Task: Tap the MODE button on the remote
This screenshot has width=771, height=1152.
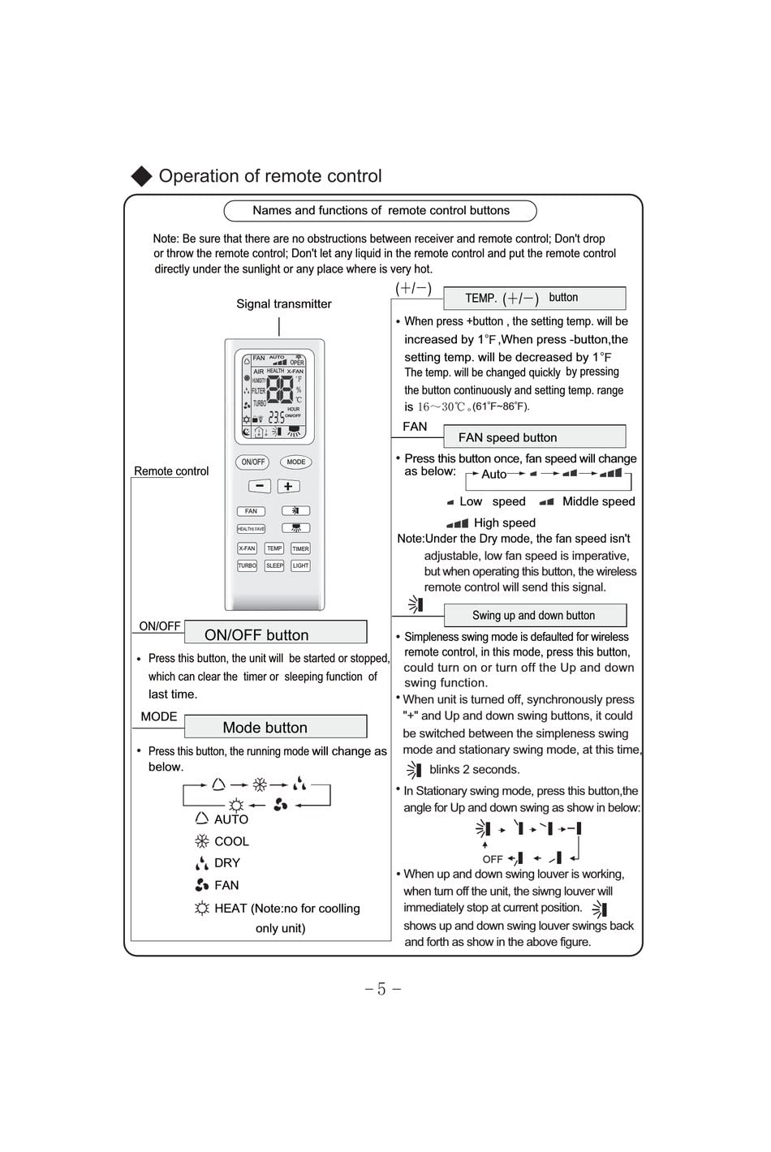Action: coord(296,462)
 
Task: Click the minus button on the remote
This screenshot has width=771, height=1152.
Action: coord(259,486)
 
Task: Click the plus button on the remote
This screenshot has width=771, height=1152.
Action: coord(288,486)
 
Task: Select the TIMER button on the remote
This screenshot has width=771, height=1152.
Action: coord(300,548)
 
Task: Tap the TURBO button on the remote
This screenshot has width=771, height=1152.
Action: coord(247,565)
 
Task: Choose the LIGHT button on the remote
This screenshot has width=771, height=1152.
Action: coord(300,565)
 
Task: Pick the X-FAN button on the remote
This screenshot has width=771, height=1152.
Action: coord(247,548)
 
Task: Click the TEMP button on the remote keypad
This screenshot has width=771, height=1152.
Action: coord(274,548)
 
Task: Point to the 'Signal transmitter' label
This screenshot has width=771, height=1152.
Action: coord(284,304)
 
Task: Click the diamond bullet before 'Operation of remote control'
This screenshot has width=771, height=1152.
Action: coord(141,176)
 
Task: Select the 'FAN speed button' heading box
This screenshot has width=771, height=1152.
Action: coord(534,437)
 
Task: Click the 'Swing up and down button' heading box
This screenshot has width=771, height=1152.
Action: coord(534,615)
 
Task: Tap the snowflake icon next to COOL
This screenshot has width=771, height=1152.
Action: coord(202,841)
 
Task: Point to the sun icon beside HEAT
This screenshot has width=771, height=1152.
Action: coord(202,908)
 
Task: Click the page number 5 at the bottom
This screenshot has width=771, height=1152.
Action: coord(381,989)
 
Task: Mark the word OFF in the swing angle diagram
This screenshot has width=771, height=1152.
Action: coord(493,859)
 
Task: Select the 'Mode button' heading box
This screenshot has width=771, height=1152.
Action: coord(275,727)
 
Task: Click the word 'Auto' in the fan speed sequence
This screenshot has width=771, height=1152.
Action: coord(493,475)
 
